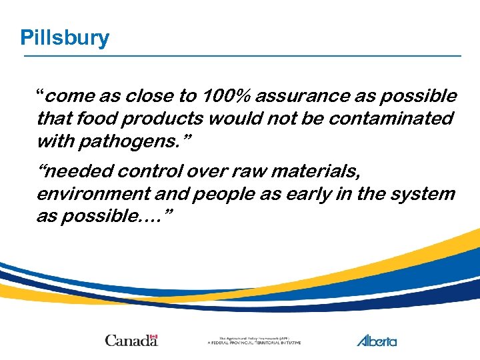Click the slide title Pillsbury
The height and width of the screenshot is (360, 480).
click(x=65, y=37)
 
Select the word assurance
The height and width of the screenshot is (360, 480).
click(x=303, y=97)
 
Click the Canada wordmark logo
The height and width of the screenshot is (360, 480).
click(x=131, y=341)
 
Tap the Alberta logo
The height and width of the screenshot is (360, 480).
click(x=377, y=341)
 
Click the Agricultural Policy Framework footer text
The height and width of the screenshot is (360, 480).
click(x=254, y=341)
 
